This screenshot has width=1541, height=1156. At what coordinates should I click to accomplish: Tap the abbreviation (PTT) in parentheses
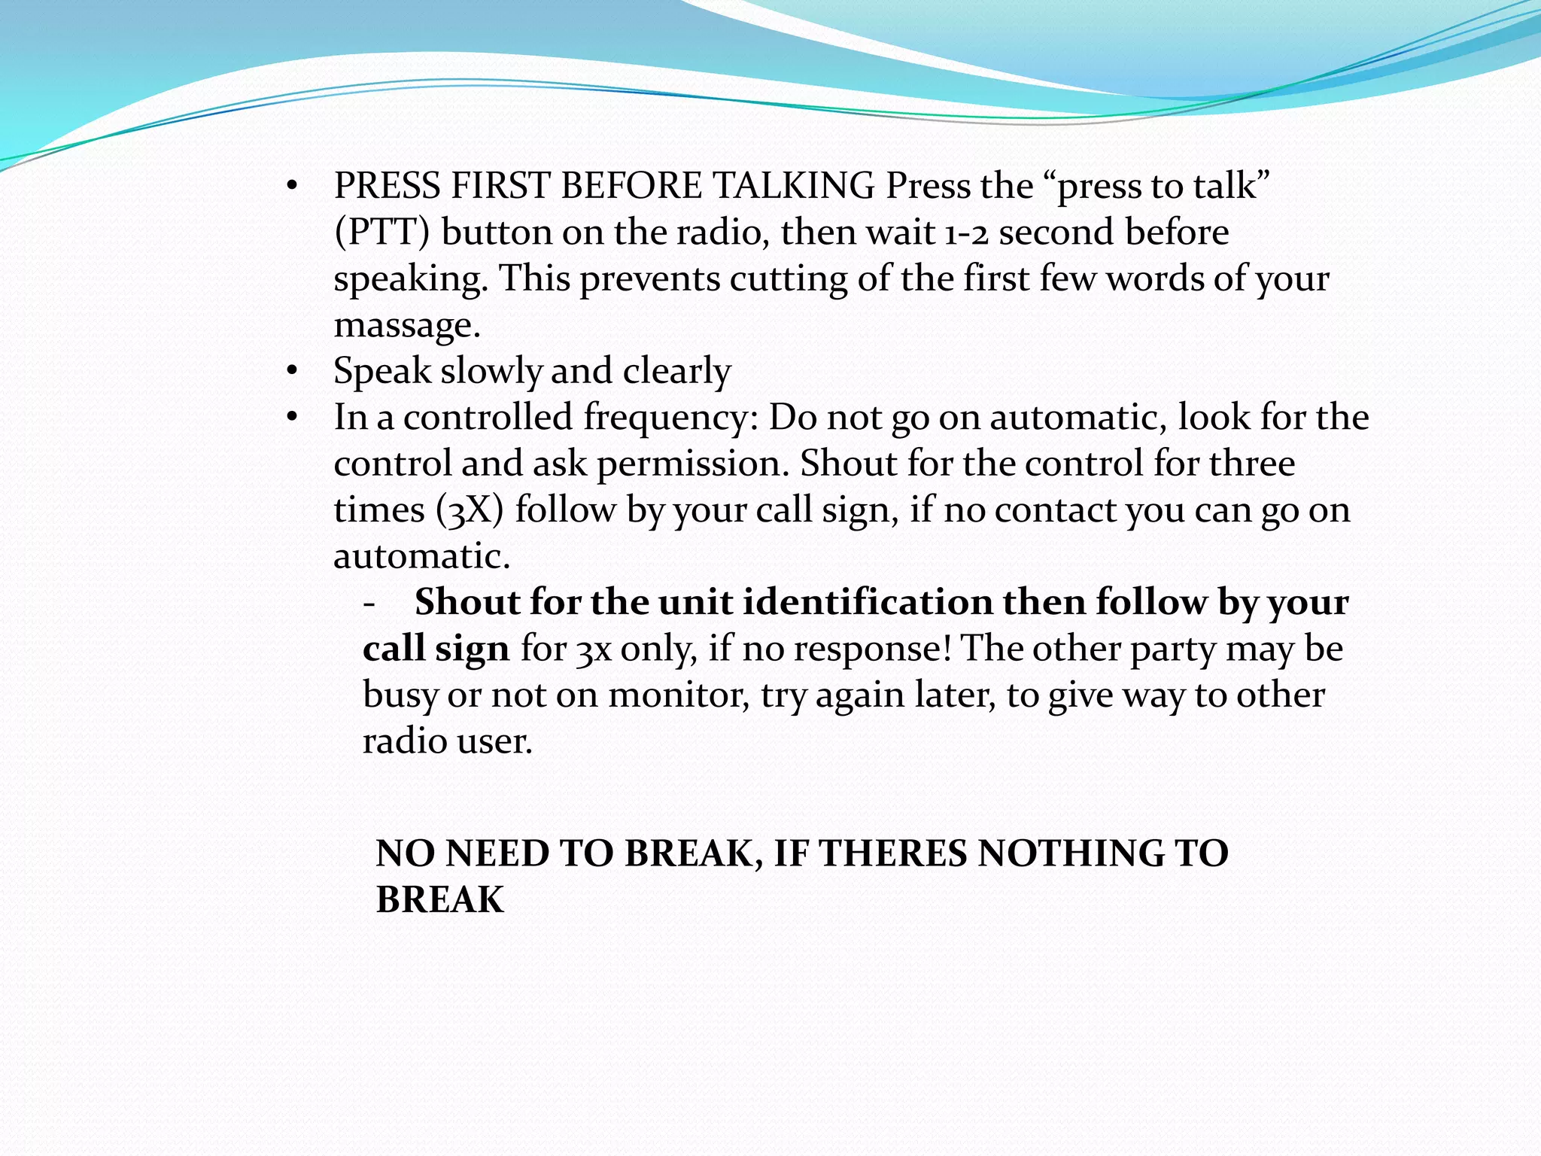(381, 233)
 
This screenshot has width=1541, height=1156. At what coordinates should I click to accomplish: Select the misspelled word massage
(406, 325)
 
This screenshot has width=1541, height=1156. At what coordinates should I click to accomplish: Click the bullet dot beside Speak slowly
(293, 371)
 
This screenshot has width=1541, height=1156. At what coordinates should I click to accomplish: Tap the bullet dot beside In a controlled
(293, 417)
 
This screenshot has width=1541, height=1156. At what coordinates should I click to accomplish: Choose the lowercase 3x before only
(593, 649)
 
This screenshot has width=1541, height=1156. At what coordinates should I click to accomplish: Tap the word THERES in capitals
(892, 853)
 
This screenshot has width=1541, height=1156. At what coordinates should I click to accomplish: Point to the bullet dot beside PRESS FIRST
(293, 186)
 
